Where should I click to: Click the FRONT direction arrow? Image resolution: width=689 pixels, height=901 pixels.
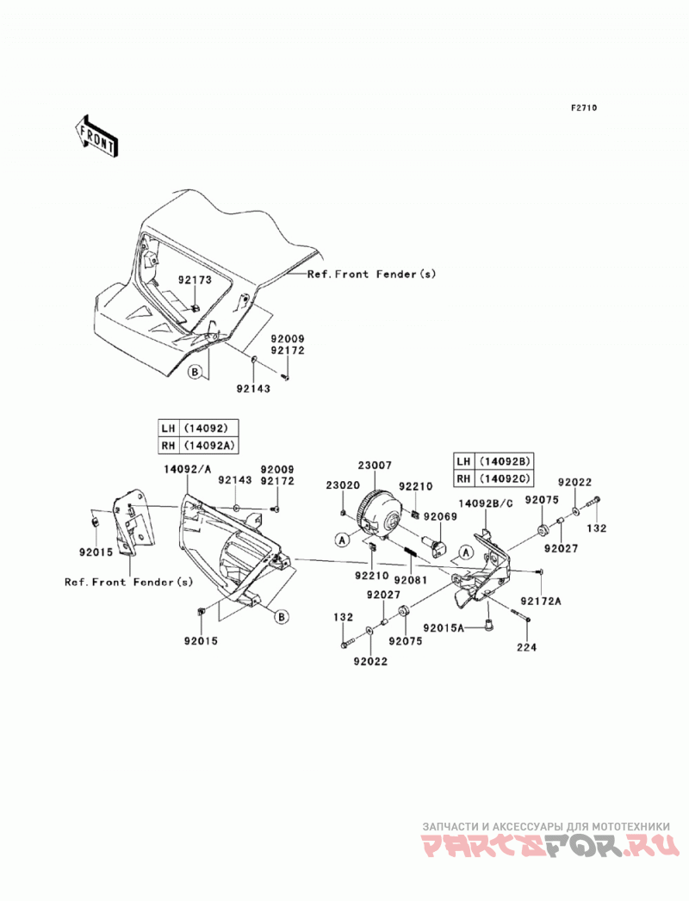click(95, 136)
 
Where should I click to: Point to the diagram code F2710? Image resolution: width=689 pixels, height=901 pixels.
click(583, 108)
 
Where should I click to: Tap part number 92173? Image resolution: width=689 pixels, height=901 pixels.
click(195, 281)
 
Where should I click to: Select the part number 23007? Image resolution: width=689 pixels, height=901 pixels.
click(375, 465)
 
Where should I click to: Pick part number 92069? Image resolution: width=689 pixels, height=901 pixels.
click(441, 516)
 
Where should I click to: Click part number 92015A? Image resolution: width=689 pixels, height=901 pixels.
click(444, 628)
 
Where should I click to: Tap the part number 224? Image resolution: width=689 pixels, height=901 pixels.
click(526, 648)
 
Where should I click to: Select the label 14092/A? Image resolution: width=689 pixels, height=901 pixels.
click(188, 469)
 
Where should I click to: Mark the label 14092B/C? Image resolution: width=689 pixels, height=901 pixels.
click(486, 504)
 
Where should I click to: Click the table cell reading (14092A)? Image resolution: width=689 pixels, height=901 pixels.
click(208, 445)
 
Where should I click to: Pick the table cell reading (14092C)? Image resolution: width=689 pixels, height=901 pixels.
click(503, 478)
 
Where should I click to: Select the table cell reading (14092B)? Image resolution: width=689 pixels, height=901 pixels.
click(503, 461)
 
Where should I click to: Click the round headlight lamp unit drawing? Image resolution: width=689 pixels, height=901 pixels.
click(378, 513)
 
